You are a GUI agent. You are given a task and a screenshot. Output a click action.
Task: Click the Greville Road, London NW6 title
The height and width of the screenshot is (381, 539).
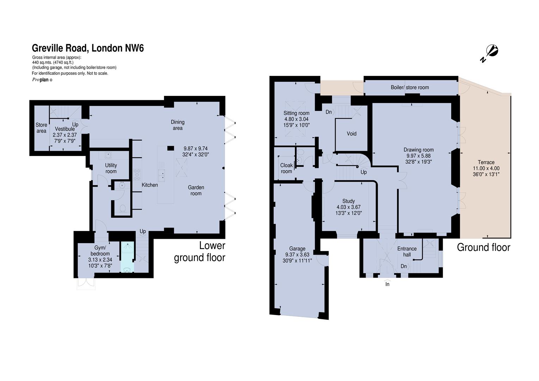pyautogui.click(x=88, y=48)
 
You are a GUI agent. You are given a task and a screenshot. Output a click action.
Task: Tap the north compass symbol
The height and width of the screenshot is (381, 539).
pyautogui.click(x=490, y=54)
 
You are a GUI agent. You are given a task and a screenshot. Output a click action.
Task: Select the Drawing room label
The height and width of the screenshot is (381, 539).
pyautogui.click(x=419, y=150)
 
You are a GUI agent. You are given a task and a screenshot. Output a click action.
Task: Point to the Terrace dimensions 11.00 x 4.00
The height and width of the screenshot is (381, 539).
pyautogui.click(x=486, y=168)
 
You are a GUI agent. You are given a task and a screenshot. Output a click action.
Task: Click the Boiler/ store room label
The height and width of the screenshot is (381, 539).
pyautogui.click(x=410, y=87)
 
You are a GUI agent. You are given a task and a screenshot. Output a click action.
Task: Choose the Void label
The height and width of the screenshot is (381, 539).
pyautogui.click(x=351, y=134)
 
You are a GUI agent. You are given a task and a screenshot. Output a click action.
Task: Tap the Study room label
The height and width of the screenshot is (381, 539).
pyautogui.click(x=348, y=201)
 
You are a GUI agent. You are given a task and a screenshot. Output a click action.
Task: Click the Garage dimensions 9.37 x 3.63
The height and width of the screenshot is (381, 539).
pyautogui.click(x=298, y=255)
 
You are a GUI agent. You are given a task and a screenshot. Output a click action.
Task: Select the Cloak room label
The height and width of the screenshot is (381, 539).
pyautogui.click(x=286, y=168)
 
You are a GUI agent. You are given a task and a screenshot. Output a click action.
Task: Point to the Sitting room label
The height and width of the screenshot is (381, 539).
pyautogui.click(x=296, y=113)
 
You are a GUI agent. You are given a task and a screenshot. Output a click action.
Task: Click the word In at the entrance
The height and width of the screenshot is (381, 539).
pyautogui.click(x=387, y=284)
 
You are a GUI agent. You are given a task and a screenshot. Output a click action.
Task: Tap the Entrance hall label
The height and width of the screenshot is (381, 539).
pyautogui.click(x=407, y=252)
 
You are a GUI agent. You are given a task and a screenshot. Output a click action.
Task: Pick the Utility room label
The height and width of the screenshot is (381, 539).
pyautogui.click(x=111, y=168)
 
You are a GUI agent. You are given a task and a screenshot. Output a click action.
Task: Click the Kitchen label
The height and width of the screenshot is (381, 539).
pyautogui.click(x=150, y=185)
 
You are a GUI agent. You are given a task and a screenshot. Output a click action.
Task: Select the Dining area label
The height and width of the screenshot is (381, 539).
pyautogui.click(x=178, y=125)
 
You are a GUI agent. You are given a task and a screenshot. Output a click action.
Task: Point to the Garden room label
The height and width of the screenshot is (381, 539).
pyautogui.click(x=196, y=190)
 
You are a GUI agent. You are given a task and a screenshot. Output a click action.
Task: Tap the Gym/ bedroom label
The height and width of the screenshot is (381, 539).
pyautogui.click(x=100, y=251)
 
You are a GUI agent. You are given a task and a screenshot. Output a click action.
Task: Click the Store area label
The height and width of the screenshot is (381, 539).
pyautogui.click(x=41, y=128)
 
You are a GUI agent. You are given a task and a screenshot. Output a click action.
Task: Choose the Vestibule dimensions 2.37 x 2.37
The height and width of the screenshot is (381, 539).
pyautogui.click(x=65, y=135)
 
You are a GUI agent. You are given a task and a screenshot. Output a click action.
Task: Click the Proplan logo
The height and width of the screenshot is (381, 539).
pyautogui.click(x=42, y=80)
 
